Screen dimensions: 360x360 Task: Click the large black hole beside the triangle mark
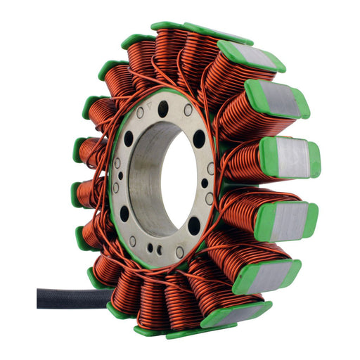163,109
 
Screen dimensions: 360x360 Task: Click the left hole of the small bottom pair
150,248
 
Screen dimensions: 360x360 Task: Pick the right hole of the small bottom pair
159,250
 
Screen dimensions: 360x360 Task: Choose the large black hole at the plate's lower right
194,226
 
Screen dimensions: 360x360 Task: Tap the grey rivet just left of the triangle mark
140,112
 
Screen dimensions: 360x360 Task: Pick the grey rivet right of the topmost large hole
188,110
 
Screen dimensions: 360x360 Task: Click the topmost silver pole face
252,56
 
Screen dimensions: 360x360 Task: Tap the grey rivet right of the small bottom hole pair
180,252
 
